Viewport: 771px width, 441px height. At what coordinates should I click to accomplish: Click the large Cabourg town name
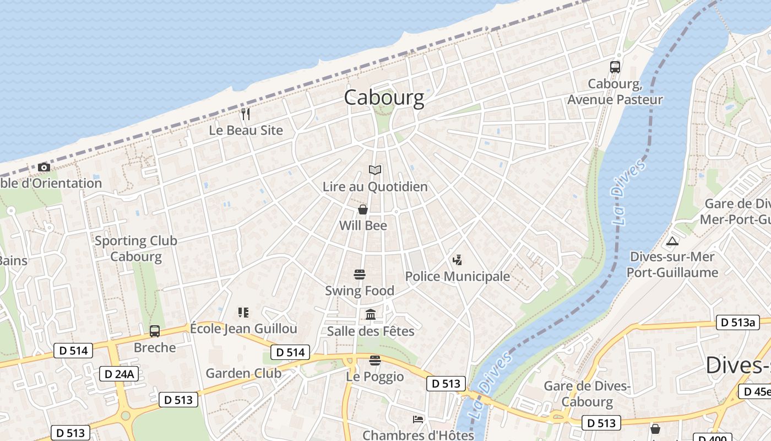coord(384,98)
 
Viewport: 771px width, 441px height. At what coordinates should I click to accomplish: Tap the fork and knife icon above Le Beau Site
coord(246,114)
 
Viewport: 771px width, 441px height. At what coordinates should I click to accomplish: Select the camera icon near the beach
coord(44,167)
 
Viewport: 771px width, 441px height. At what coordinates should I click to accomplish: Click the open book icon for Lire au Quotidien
coord(375,170)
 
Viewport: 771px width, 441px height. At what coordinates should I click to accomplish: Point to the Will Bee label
coord(363,225)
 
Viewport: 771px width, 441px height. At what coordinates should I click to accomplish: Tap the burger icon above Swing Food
coord(360,274)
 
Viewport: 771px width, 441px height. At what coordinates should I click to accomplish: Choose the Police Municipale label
coord(457,276)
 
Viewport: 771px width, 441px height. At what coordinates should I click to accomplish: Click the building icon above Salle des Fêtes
coord(371,314)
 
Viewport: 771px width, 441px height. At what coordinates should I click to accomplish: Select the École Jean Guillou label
coord(243,329)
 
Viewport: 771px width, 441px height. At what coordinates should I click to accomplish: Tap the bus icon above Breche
coord(155,331)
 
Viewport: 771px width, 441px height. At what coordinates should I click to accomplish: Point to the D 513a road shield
coord(737,322)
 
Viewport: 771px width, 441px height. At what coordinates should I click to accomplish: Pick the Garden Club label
coord(243,373)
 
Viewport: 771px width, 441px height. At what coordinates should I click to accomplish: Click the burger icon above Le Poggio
coord(375,361)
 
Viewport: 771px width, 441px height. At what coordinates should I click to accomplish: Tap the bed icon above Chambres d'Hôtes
coord(418,419)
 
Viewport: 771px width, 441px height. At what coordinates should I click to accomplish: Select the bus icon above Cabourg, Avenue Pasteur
coord(615,67)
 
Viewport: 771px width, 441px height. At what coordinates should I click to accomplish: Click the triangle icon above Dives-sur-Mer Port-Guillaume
coord(672,241)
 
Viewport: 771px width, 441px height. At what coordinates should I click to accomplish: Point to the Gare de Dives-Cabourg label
coord(587,394)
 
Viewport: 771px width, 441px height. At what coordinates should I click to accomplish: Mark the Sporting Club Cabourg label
coord(136,249)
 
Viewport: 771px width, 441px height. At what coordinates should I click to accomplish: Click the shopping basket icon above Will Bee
coord(363,209)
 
